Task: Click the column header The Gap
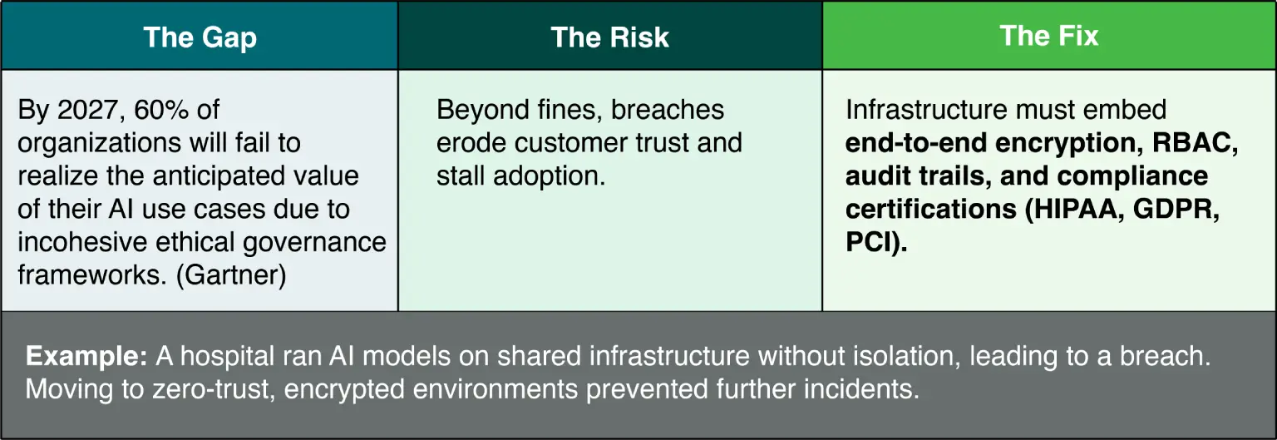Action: click(x=200, y=37)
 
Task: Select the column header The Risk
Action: click(x=609, y=37)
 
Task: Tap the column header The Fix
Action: click(x=1049, y=36)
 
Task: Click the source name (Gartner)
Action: click(x=231, y=275)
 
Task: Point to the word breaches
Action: click(x=668, y=110)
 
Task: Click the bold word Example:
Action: click(x=86, y=357)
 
